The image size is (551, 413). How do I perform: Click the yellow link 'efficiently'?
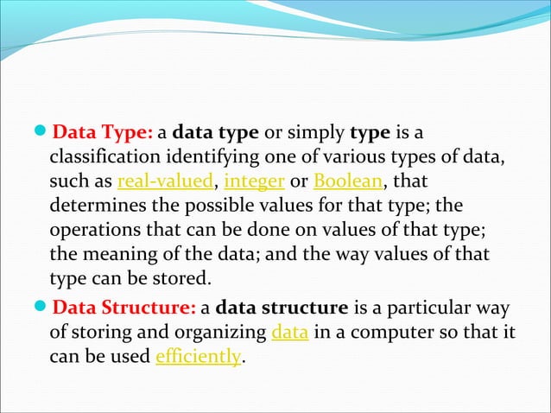click(197, 357)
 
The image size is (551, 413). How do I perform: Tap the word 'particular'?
click(416, 308)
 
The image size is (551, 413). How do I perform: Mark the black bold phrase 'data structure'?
click(282, 308)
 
